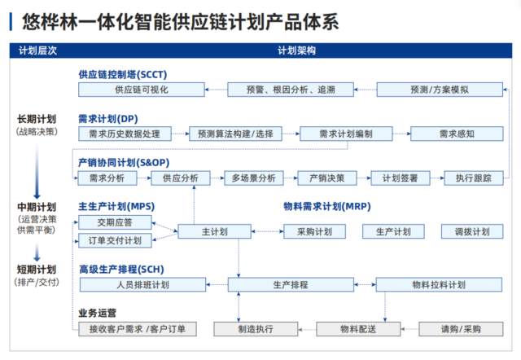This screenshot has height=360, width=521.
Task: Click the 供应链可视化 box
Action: tap(142, 90)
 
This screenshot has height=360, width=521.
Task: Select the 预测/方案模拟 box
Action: tap(440, 90)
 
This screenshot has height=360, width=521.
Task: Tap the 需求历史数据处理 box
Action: tap(125, 134)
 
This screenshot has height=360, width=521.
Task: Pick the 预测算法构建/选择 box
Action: tap(235, 134)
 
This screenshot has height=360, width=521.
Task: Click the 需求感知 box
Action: tap(457, 134)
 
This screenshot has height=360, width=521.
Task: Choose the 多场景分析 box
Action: tap(254, 178)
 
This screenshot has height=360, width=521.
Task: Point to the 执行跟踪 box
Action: tap(474, 178)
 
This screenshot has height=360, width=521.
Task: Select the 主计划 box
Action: tap(215, 231)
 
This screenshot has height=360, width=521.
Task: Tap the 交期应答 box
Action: tap(115, 222)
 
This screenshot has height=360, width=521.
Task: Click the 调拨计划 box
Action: tap(472, 231)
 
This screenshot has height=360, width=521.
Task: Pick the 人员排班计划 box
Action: tap(143, 284)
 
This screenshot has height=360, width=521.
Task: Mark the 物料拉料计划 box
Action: tap(439, 284)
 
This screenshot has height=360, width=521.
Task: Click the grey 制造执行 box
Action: tap(256, 329)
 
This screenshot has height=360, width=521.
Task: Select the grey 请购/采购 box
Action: tap(461, 329)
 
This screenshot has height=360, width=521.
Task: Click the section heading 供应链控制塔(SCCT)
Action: tap(123, 74)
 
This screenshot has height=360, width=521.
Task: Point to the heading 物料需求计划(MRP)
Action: tap(327, 206)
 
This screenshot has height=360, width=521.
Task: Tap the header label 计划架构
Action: tap(296, 50)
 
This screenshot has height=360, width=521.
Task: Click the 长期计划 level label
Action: tap(37, 119)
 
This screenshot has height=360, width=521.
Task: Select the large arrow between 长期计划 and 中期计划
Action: tap(37, 171)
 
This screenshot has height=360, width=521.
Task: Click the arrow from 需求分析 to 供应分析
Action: tap(144, 178)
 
